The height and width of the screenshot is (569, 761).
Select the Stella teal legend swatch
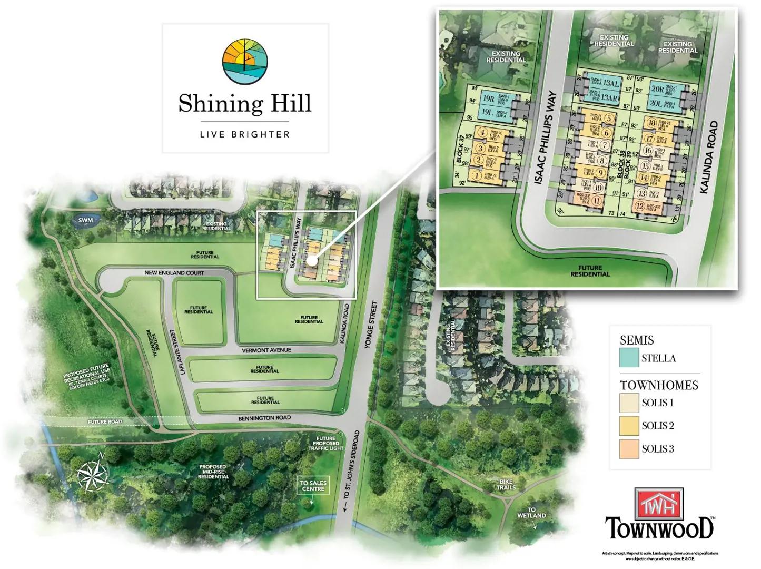pos(629,358)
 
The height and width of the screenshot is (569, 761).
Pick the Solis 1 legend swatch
pos(629,403)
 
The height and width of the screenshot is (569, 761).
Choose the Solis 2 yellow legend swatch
pos(629,426)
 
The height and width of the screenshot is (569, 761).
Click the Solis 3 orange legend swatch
pos(629,449)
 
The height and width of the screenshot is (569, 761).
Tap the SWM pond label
pos(85,220)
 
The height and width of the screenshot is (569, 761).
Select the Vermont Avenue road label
pos(266,350)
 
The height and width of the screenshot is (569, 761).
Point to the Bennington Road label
pos(264,418)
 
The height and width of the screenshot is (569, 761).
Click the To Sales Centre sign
pos(313,486)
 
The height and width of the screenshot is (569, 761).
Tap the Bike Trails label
pos(506,484)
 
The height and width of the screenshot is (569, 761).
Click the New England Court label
pos(174,273)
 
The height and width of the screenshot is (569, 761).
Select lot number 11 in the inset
pos(597,200)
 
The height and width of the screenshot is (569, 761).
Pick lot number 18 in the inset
pos(651,124)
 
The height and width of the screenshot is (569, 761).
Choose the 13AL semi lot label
pos(611,84)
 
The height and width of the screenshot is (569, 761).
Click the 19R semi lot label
pos(488,99)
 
